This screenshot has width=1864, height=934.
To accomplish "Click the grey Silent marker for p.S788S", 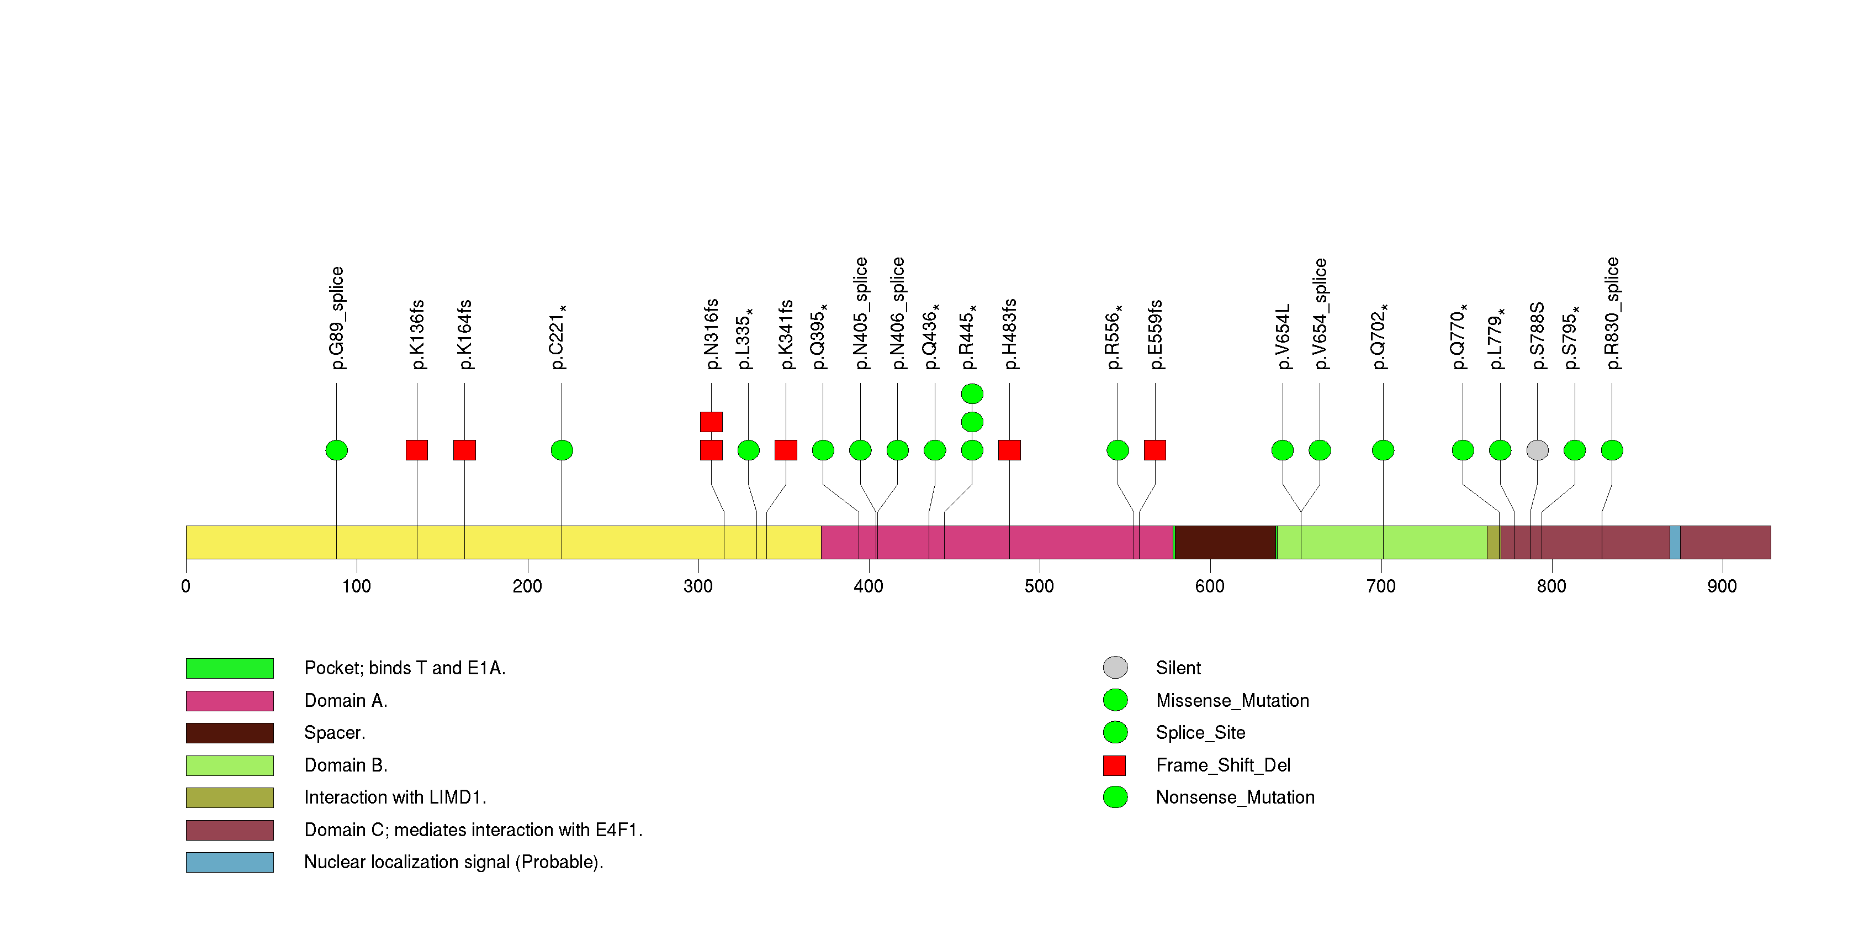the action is pos(1537,450).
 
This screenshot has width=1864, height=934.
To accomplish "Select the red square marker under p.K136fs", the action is pos(417,450).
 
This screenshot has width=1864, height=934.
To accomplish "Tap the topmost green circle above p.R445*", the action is pos(972,394).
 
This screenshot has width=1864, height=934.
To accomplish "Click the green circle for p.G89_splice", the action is pos(336,450).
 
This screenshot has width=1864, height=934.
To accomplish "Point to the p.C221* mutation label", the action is pos(558,337).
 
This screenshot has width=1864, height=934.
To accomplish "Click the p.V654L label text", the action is pos(1282,337).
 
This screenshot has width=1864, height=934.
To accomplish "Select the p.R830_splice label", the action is pos(1612,313).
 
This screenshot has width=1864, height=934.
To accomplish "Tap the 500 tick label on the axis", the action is pos(1039,586).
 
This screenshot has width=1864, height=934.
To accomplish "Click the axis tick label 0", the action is pos(186,586).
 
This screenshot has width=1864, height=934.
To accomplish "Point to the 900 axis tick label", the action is pos(1722,586).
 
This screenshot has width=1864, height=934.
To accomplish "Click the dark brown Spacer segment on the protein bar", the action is pos(1225,542).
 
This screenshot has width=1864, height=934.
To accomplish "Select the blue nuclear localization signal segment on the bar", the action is pos(1675,542).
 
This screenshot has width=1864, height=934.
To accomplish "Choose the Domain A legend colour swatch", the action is pos(229,701).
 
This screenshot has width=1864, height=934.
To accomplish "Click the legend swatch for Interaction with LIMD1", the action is pos(229,797).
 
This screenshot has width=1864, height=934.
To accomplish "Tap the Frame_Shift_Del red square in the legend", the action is pos(1114,765).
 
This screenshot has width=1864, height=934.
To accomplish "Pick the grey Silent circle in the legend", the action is pos(1115,668).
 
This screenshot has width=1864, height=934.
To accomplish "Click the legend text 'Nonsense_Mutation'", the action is pos(1235,797).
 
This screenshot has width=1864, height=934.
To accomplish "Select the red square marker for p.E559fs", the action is pos(1155,450).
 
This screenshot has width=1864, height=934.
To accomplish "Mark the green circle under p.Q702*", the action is pos(1383,450).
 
